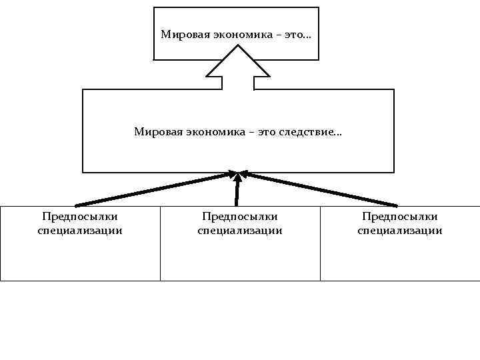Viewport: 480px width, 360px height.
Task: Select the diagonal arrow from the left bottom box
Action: coord(153,189)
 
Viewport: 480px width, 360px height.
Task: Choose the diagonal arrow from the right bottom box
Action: coord(320,189)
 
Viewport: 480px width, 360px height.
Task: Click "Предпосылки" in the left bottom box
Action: coord(80,217)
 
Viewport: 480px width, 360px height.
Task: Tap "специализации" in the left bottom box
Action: coord(80,231)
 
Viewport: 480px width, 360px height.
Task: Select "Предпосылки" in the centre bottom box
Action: coord(240,217)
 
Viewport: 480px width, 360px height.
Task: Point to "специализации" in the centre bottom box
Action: coord(240,231)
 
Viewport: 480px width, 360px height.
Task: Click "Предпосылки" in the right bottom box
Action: coord(400,217)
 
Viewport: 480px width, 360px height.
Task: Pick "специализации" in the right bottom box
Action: coord(400,231)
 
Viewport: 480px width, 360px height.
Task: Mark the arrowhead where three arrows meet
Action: coord(238,175)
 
